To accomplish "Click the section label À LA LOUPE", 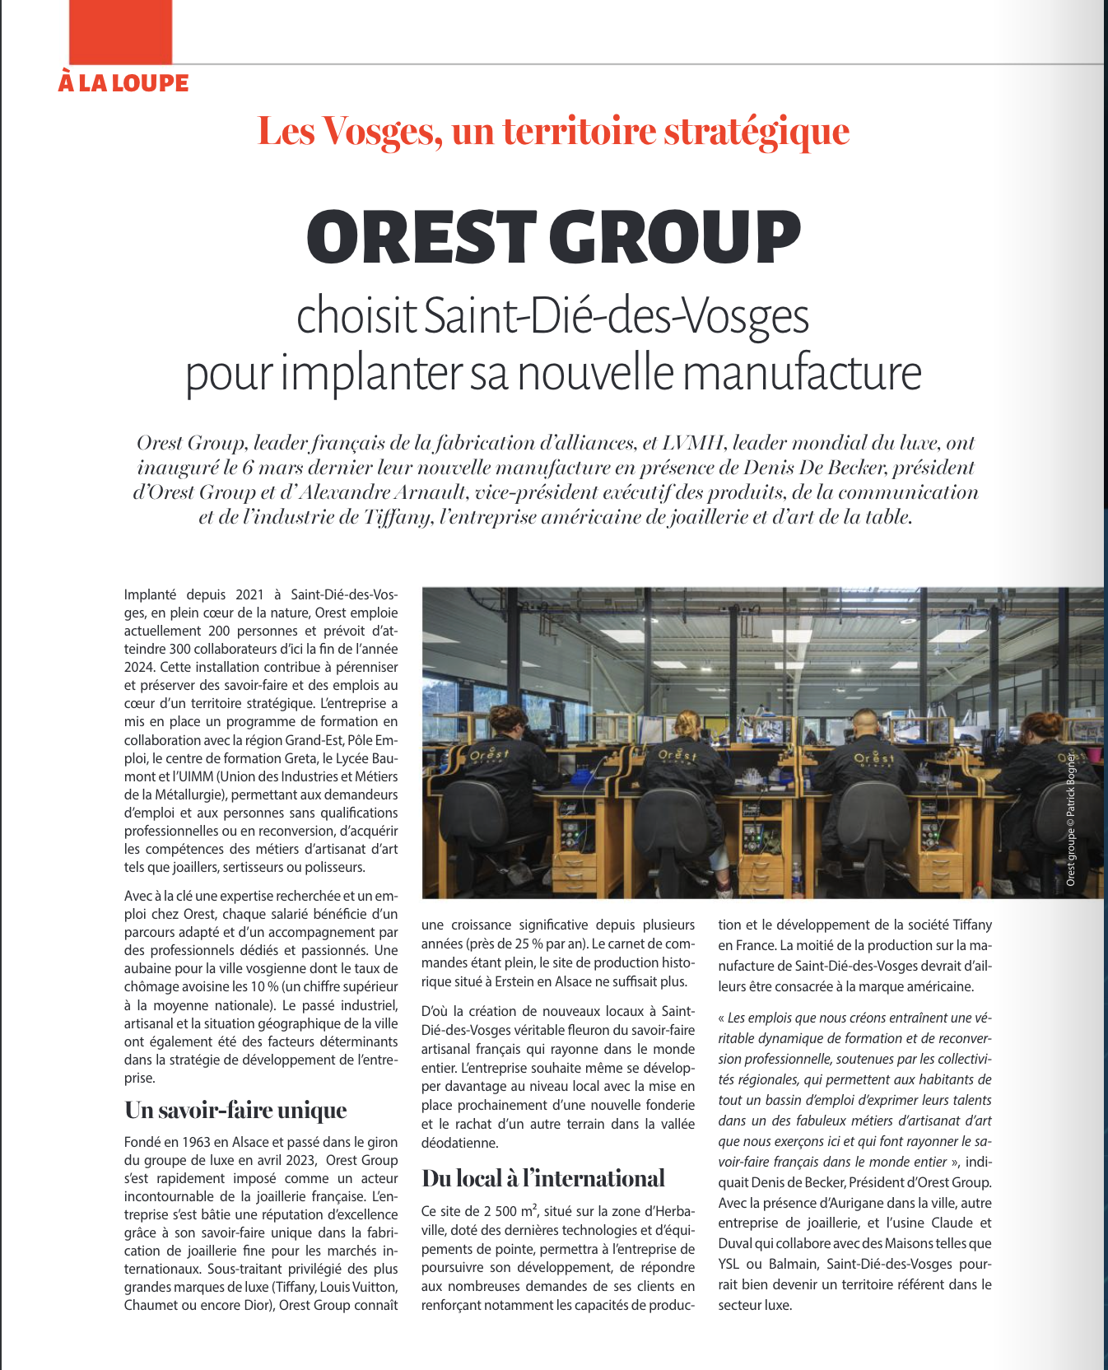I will tap(123, 83).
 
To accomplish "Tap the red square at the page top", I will tap(121, 31).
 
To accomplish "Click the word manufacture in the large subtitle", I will tap(802, 373).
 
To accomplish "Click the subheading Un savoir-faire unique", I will tap(235, 1110).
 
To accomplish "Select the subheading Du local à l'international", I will tap(542, 1178).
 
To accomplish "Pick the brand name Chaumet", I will tap(147, 1305).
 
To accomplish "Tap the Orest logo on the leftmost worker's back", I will tap(489, 753).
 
